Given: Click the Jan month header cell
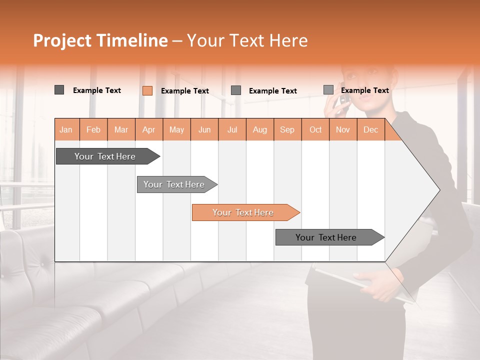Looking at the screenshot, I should tap(66, 129).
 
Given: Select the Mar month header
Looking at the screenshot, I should tap(121, 129).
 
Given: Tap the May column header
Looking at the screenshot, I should tap(176, 129).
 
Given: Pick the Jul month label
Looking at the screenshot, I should tap(232, 129).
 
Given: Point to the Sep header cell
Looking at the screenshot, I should tap(287, 129).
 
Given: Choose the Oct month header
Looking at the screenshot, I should tap(315, 129).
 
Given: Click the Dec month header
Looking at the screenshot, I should tap(370, 129).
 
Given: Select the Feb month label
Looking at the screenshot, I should tap(93, 129).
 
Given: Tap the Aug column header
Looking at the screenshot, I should tap(259, 129).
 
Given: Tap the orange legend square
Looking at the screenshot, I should tap(147, 90).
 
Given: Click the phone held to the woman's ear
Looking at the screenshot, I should tap(343, 97).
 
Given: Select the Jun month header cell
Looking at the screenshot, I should tap(204, 129).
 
